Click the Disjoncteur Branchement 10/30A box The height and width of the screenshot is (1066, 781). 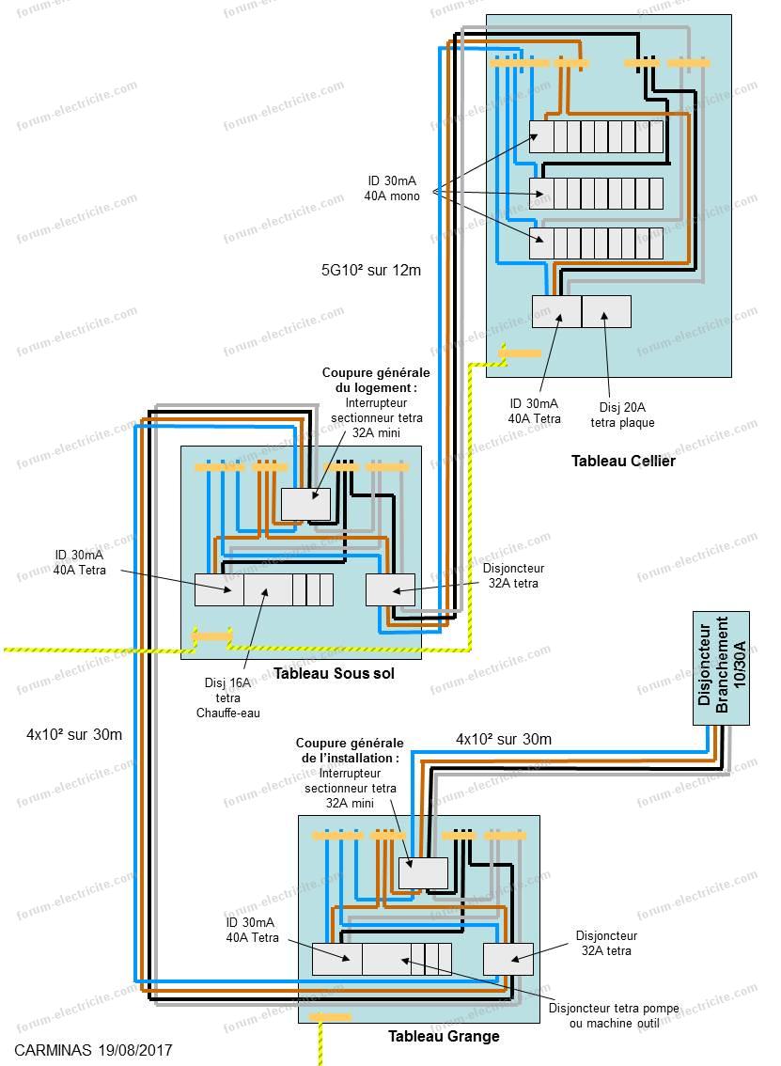coord(721,667)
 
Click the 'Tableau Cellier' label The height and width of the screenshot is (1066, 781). coord(623,462)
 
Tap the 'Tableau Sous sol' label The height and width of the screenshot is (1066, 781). coord(334,674)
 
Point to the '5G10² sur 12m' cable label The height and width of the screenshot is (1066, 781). coord(370,270)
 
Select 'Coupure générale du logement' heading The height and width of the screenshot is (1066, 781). coord(369,380)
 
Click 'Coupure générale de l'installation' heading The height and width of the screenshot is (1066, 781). coord(350,749)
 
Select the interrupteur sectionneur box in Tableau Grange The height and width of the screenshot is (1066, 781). coord(423,872)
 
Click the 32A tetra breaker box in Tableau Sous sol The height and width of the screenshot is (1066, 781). coord(390,589)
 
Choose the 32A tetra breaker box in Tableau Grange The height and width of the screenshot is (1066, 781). coord(508,959)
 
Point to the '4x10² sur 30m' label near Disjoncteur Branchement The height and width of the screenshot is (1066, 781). coord(503,739)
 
